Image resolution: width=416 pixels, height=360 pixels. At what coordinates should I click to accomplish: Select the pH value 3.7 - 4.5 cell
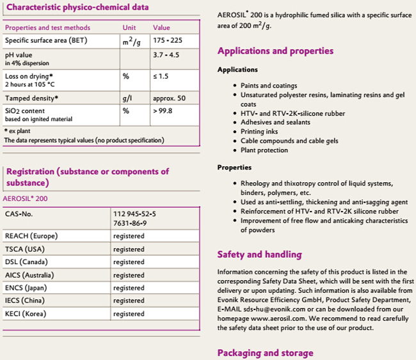(167, 56)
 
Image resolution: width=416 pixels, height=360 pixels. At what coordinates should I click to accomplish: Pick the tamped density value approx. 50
(170, 98)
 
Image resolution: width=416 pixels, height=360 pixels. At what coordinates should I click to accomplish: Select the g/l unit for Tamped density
(127, 98)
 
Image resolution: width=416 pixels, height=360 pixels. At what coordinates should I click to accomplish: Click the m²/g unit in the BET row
(132, 41)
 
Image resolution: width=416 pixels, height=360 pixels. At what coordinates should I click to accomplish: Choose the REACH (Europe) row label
(31, 236)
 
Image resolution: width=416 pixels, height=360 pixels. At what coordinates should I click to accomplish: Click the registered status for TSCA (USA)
(129, 249)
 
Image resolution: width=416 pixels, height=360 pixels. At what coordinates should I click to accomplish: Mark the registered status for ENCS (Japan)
(129, 288)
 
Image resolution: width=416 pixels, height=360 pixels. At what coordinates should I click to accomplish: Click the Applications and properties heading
(275, 51)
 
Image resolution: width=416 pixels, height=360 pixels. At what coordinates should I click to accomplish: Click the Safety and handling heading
(259, 254)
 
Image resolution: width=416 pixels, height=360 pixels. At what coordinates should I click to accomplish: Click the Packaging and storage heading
(266, 353)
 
